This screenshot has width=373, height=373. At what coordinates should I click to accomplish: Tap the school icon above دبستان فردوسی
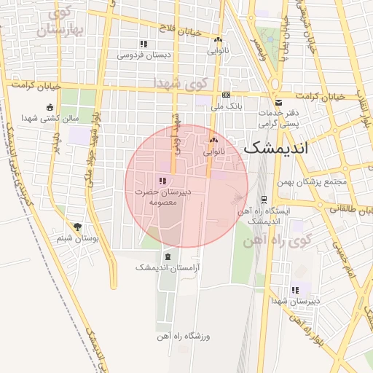[x=144, y=44]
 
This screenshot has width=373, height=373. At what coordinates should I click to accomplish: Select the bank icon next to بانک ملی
[x=227, y=95]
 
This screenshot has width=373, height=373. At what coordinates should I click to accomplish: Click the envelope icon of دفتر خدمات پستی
[x=278, y=103]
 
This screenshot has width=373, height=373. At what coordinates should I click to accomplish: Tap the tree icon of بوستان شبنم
[x=78, y=227]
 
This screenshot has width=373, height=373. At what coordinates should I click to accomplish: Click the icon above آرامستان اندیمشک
[x=168, y=257]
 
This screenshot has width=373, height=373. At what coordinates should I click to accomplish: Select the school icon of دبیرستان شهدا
[x=295, y=290]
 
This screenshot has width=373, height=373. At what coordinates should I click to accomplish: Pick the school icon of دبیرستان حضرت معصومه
[x=162, y=181]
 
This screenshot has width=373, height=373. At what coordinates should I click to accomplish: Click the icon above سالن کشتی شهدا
[x=49, y=107]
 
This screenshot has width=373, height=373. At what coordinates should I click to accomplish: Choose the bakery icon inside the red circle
[x=213, y=141]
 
